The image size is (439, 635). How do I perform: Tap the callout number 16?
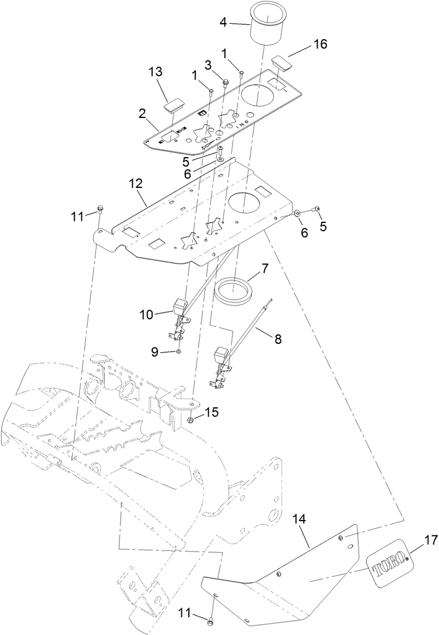320,44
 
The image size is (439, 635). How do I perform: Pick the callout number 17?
431,540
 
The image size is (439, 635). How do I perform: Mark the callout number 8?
277,340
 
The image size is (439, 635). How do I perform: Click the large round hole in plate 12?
245,203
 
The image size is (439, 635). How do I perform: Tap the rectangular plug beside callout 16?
281,62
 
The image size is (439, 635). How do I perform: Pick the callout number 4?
223,23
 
